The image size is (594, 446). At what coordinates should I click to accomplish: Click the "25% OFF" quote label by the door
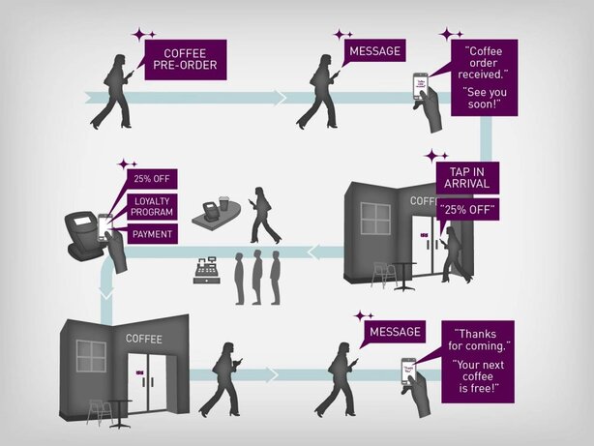click(467, 209)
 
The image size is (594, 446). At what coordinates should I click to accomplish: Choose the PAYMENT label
click(150, 233)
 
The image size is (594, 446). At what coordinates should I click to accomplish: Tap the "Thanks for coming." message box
click(481, 359)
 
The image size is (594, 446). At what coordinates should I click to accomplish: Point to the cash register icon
click(205, 271)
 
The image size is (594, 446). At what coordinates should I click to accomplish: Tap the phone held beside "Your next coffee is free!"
click(409, 370)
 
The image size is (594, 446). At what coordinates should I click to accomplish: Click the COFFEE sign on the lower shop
click(144, 339)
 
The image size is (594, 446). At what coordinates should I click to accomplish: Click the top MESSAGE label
click(374, 51)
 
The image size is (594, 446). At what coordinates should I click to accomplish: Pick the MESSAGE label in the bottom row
click(395, 332)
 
